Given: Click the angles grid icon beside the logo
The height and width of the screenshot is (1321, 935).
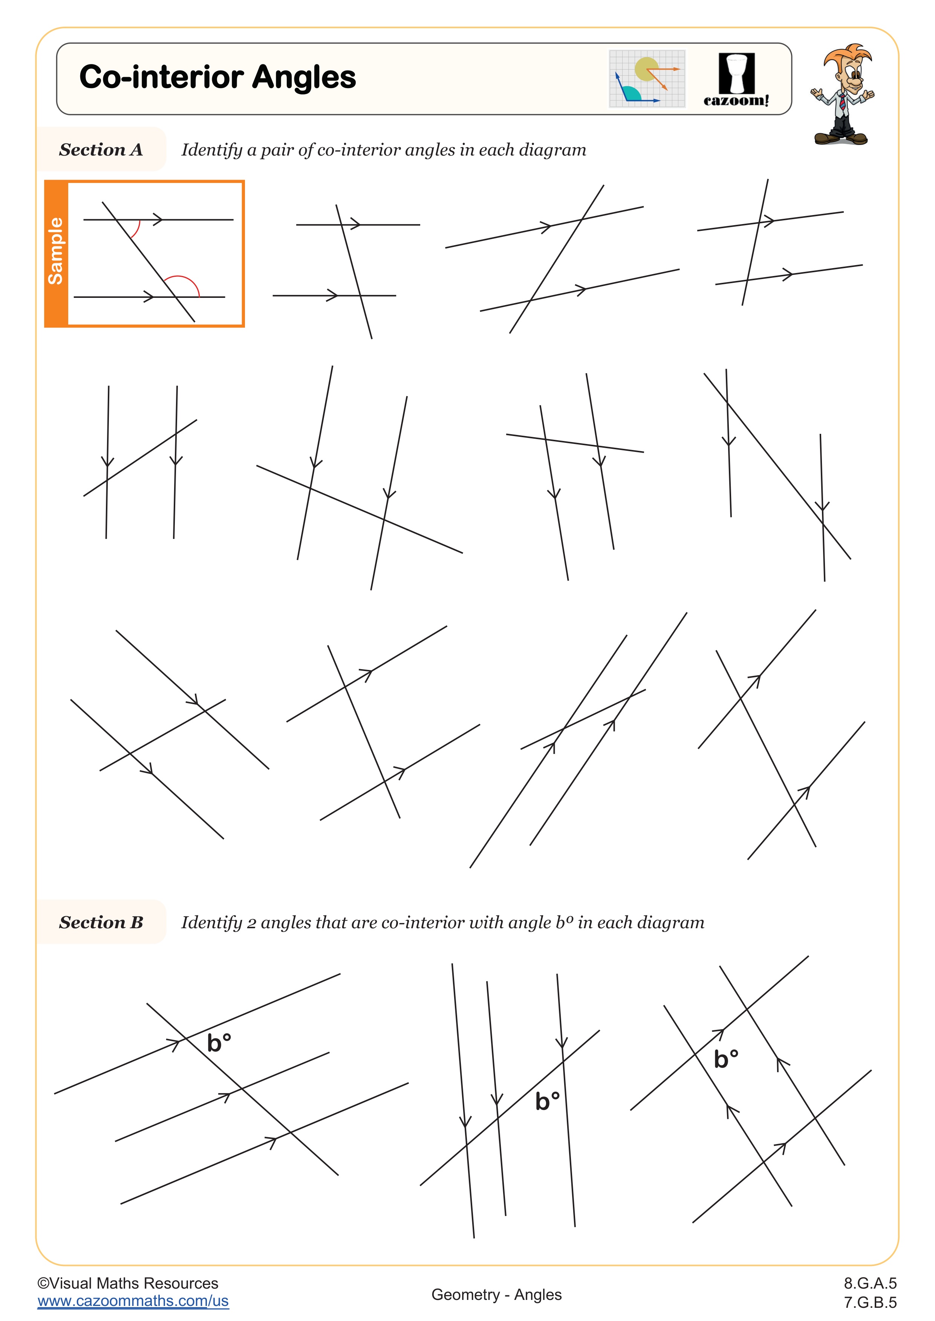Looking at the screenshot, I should tap(647, 79).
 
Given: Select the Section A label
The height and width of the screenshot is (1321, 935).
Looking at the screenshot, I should tap(101, 149).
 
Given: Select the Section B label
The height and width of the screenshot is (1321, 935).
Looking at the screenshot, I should tap(101, 922).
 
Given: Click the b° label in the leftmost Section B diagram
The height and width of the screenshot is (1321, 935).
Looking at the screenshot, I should tap(219, 1043).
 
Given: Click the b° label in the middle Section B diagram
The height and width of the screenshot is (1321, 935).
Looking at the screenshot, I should tap(547, 1101).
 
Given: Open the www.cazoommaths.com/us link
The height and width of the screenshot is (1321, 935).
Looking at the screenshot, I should tap(133, 1301).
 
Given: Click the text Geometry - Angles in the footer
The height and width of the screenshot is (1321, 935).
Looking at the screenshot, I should tap(496, 1295).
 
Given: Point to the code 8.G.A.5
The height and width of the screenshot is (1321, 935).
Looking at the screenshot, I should tap(870, 1283).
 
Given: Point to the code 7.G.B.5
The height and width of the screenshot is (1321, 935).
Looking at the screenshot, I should tap(870, 1302).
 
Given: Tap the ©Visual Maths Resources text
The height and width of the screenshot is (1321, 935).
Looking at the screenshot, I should tap(128, 1283).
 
